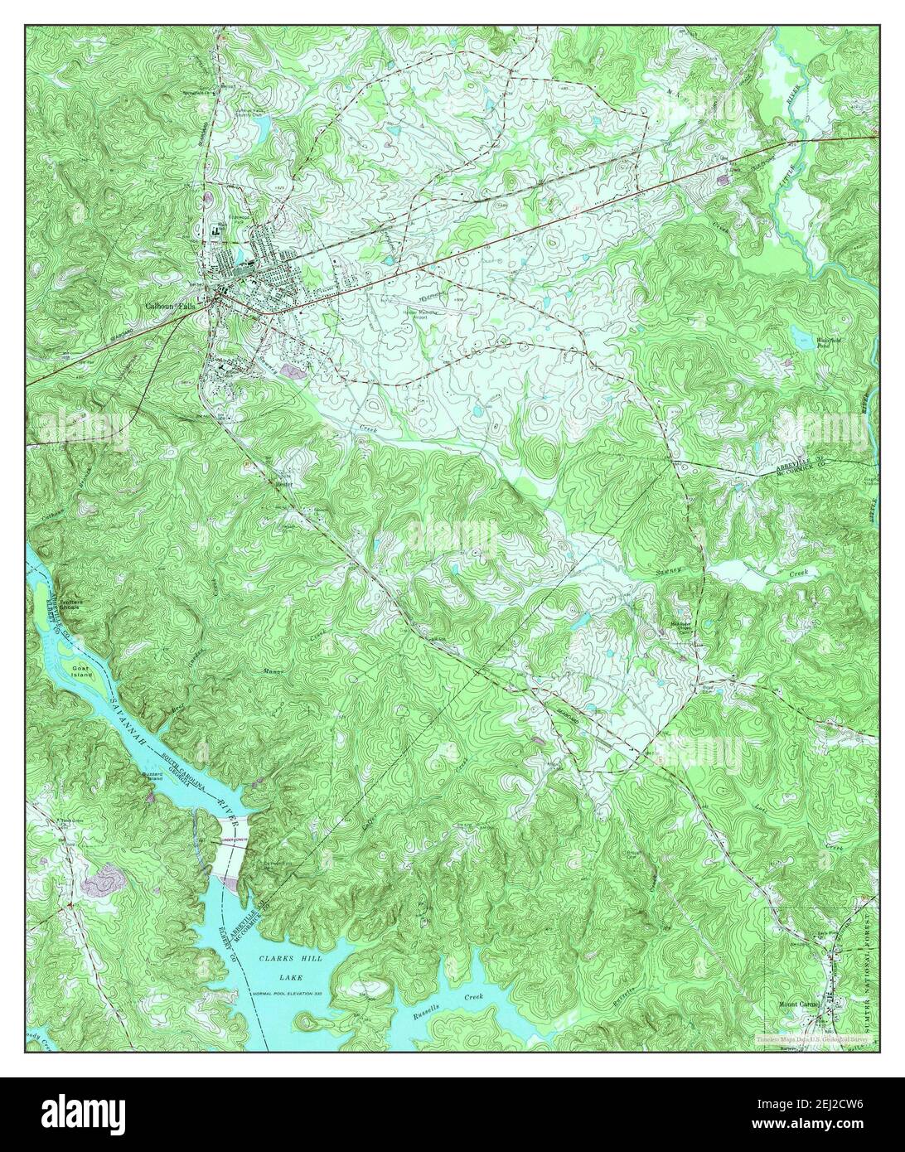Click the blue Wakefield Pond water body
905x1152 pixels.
tap(800, 336)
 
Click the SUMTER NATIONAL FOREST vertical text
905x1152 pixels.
tap(868, 961)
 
